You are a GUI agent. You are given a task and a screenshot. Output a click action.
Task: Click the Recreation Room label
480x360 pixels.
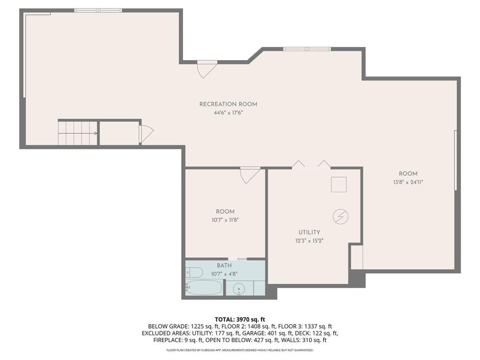click(x=228, y=104)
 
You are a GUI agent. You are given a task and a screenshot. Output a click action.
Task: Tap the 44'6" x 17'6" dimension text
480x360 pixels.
click(x=228, y=112)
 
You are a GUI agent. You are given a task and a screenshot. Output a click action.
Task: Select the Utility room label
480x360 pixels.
click(x=309, y=232)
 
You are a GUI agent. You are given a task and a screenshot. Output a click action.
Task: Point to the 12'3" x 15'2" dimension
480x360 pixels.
click(x=309, y=240)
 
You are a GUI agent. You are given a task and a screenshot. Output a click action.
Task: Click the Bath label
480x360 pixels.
click(x=225, y=265)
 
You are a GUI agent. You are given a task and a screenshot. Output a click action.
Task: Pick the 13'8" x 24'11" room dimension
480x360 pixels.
click(x=408, y=182)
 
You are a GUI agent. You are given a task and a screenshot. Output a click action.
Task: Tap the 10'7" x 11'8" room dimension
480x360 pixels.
click(x=225, y=220)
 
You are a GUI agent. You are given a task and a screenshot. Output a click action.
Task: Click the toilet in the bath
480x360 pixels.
click(x=194, y=272)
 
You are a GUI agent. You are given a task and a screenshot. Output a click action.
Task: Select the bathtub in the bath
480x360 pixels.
click(x=203, y=287)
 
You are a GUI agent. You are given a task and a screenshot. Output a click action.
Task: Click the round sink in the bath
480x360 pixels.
click(x=239, y=288)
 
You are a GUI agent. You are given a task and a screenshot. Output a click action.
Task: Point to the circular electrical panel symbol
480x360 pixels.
click(x=340, y=217)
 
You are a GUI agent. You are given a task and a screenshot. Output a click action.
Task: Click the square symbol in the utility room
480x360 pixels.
click(x=338, y=185)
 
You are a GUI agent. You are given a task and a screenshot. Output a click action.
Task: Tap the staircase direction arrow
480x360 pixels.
click(x=78, y=133)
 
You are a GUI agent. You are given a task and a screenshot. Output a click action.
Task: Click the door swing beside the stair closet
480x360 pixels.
click(x=146, y=133)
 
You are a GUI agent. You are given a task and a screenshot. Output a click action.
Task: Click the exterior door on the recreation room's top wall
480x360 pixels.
click(x=207, y=69)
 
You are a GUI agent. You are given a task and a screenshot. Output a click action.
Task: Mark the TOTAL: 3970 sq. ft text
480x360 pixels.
click(x=240, y=320)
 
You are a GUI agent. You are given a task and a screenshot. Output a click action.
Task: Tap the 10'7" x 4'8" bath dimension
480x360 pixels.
click(x=225, y=274)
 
